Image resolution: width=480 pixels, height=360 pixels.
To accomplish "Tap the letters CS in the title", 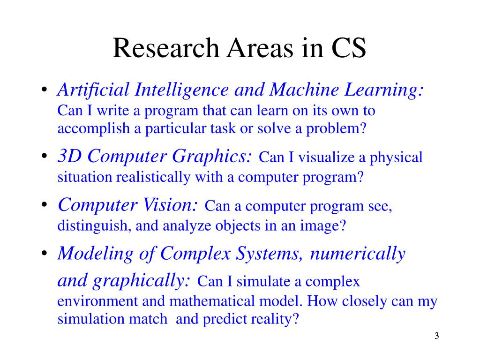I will (348, 48).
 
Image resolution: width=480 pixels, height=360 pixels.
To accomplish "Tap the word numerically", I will (357, 254).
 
